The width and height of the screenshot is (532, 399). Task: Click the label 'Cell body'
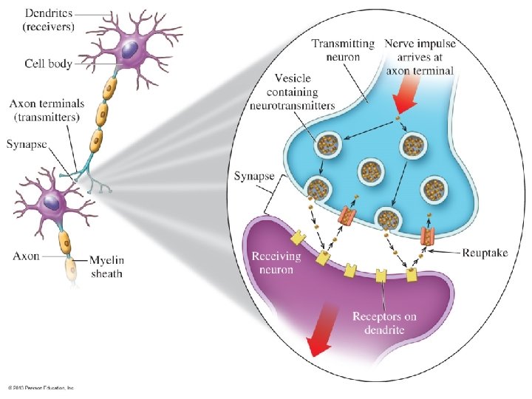pos(48,64)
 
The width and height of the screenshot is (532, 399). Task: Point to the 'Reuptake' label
pos(485,253)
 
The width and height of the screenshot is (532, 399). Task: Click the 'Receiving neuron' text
pos(277,262)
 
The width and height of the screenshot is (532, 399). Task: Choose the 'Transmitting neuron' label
pos(342,51)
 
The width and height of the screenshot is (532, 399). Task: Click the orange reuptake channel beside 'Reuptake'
pos(428,236)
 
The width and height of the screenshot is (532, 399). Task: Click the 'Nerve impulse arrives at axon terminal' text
pos(420,57)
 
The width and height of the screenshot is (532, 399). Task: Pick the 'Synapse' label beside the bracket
pos(253,177)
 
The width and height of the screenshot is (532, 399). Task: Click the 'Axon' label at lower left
pos(27,256)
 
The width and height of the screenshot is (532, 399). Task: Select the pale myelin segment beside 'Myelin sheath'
pos(72,270)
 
